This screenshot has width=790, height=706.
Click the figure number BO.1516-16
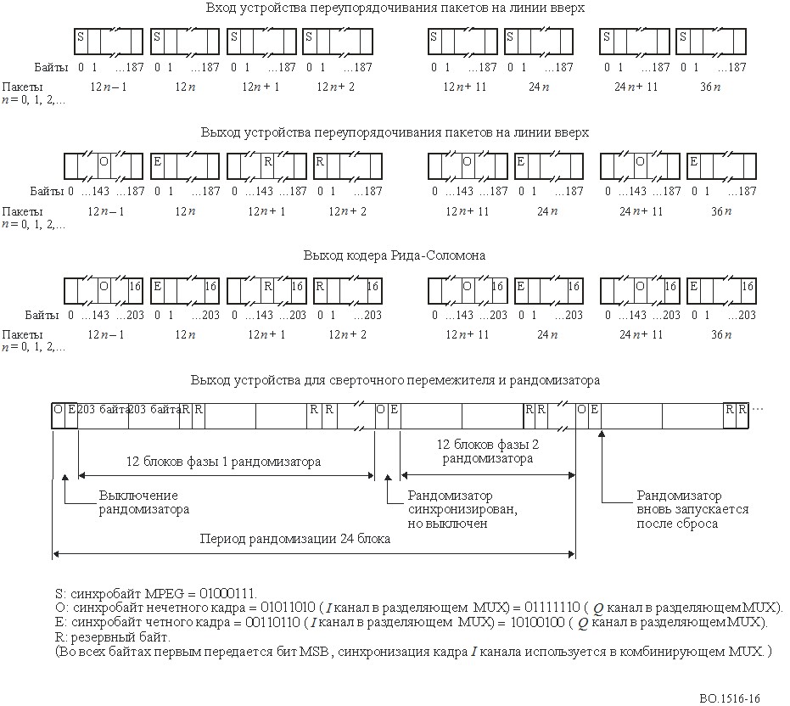pyautogui.click(x=729, y=698)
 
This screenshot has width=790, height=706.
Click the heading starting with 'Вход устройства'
pyautogui.click(x=395, y=8)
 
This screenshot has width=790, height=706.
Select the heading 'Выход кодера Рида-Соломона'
pyautogui.click(x=394, y=255)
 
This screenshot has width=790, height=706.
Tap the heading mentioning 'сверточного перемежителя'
pyautogui.click(x=395, y=380)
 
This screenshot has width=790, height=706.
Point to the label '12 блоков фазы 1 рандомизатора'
pyautogui.click(x=223, y=462)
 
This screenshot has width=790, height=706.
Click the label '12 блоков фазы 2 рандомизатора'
pyautogui.click(x=487, y=451)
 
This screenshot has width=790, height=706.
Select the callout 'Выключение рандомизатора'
pyautogui.click(x=143, y=502)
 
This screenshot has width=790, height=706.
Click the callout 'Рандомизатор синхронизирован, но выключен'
pyautogui.click(x=462, y=509)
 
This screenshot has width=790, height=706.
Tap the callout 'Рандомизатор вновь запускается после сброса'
pyautogui.click(x=692, y=509)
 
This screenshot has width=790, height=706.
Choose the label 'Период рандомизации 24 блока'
pyautogui.click(x=294, y=539)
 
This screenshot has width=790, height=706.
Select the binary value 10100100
pyautogui.click(x=537, y=622)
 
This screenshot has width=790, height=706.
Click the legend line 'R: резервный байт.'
pyautogui.click(x=113, y=637)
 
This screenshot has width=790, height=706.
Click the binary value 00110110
pyautogui.click(x=272, y=622)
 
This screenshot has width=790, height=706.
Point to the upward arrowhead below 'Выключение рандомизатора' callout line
pyautogui.click(x=65, y=478)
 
